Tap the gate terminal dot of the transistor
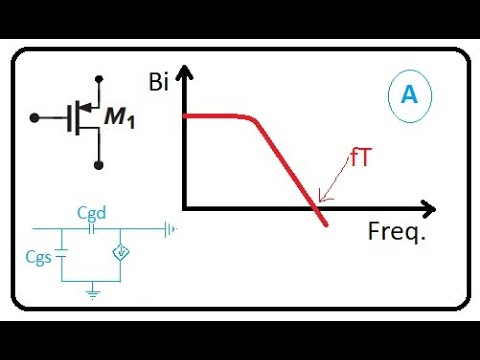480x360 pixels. [34, 118]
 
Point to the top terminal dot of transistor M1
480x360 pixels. [98, 77]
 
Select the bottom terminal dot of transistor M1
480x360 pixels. [98, 163]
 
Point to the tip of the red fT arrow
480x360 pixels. [318, 200]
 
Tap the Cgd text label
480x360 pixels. [92, 213]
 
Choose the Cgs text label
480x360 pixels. [39, 255]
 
